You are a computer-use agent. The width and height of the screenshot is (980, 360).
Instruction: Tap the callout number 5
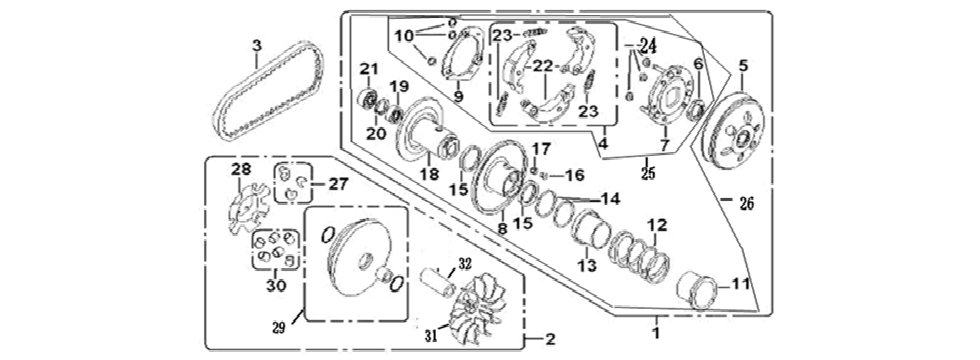[x=742, y=66]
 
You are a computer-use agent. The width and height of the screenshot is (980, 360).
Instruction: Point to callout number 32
[x=463, y=264]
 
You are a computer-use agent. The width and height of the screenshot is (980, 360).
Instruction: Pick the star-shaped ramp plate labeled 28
[x=240, y=204]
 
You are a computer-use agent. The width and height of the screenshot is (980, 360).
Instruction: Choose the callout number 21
[x=367, y=67]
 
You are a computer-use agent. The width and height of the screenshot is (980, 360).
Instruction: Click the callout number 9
[x=458, y=97]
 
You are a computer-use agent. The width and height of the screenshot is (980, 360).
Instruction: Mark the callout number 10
[x=402, y=36]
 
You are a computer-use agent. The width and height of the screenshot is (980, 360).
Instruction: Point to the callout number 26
[x=747, y=204]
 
